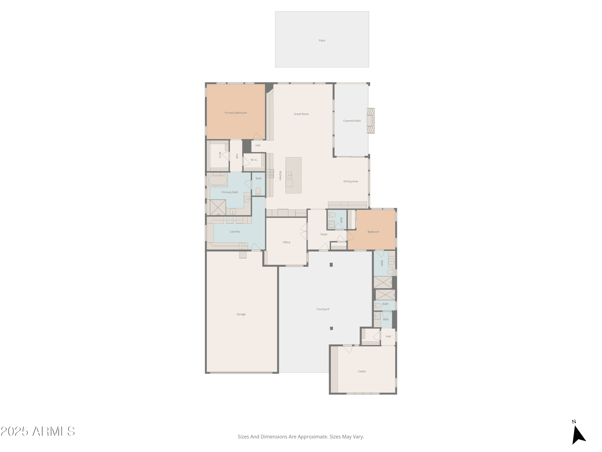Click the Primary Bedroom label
[236, 113]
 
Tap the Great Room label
[301, 114]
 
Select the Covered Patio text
[352, 121]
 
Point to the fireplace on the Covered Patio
[371, 121]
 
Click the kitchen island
[293, 175]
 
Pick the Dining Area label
[351, 181]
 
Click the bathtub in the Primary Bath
[218, 180]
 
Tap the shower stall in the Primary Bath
[218, 208]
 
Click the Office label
[286, 242]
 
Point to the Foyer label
[324, 234]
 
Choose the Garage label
[241, 314]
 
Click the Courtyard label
[323, 309]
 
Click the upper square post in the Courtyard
[331, 265]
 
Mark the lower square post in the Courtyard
[332, 328]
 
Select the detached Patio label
[322, 41]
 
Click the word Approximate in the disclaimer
[313, 437]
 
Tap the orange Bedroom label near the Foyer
[373, 232]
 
